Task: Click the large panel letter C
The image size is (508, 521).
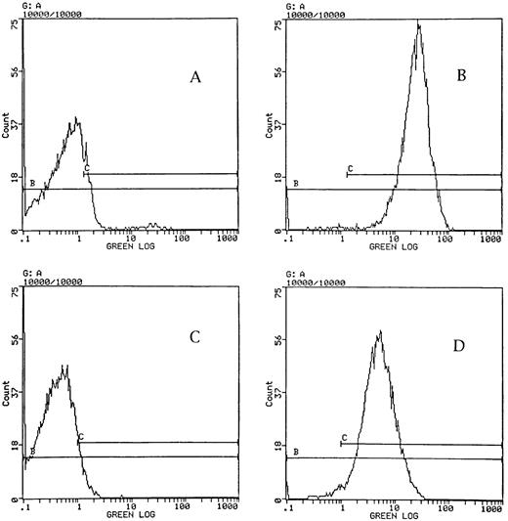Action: pyautogui.click(x=194, y=337)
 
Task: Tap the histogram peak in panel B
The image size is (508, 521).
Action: pyautogui.click(x=418, y=25)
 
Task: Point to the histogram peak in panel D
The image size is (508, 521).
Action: pyautogui.click(x=379, y=332)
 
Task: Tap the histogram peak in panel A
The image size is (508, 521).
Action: pyautogui.click(x=76, y=120)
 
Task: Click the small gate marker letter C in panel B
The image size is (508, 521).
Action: pyautogui.click(x=349, y=169)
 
